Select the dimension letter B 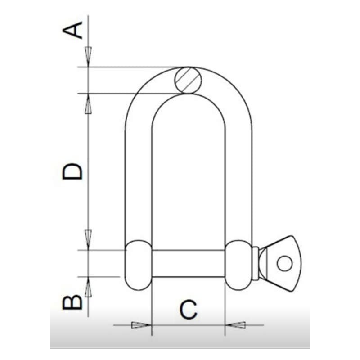72,303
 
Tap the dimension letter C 188,310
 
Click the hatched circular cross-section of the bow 188,81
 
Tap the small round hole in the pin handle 284,263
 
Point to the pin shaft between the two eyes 188,264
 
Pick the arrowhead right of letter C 236,325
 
